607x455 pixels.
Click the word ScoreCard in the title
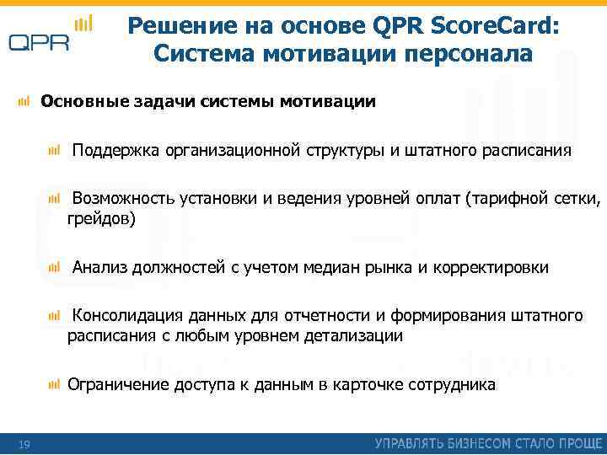pos(496,26)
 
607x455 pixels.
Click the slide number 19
pos(24,444)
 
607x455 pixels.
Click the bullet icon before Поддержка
pos(55,150)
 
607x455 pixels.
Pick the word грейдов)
pos(101,218)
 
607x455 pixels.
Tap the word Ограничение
pos(118,385)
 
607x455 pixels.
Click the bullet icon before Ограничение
pos(55,385)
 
